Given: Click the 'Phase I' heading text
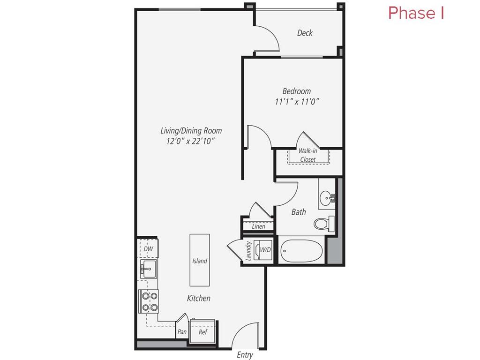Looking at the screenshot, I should tap(416, 13).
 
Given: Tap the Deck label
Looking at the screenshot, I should tap(305, 33).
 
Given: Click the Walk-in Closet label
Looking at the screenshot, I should tap(308, 155).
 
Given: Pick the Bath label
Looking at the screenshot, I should tap(299, 212).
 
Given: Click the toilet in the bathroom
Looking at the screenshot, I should tap(322, 223).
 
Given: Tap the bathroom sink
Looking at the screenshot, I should tap(326, 199).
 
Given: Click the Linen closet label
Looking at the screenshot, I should tap(258, 226).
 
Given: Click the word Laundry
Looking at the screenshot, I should tap(247, 251).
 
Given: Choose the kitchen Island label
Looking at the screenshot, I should tap(200, 261).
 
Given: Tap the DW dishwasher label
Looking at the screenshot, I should tap(149, 249).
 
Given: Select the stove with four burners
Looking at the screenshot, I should tap(149, 301).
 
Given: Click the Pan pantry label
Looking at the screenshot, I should tap(182, 332).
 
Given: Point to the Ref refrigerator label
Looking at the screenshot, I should tap(203, 332).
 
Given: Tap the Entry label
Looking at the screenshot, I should tap(245, 355).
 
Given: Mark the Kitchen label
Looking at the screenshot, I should tap(199, 298).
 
